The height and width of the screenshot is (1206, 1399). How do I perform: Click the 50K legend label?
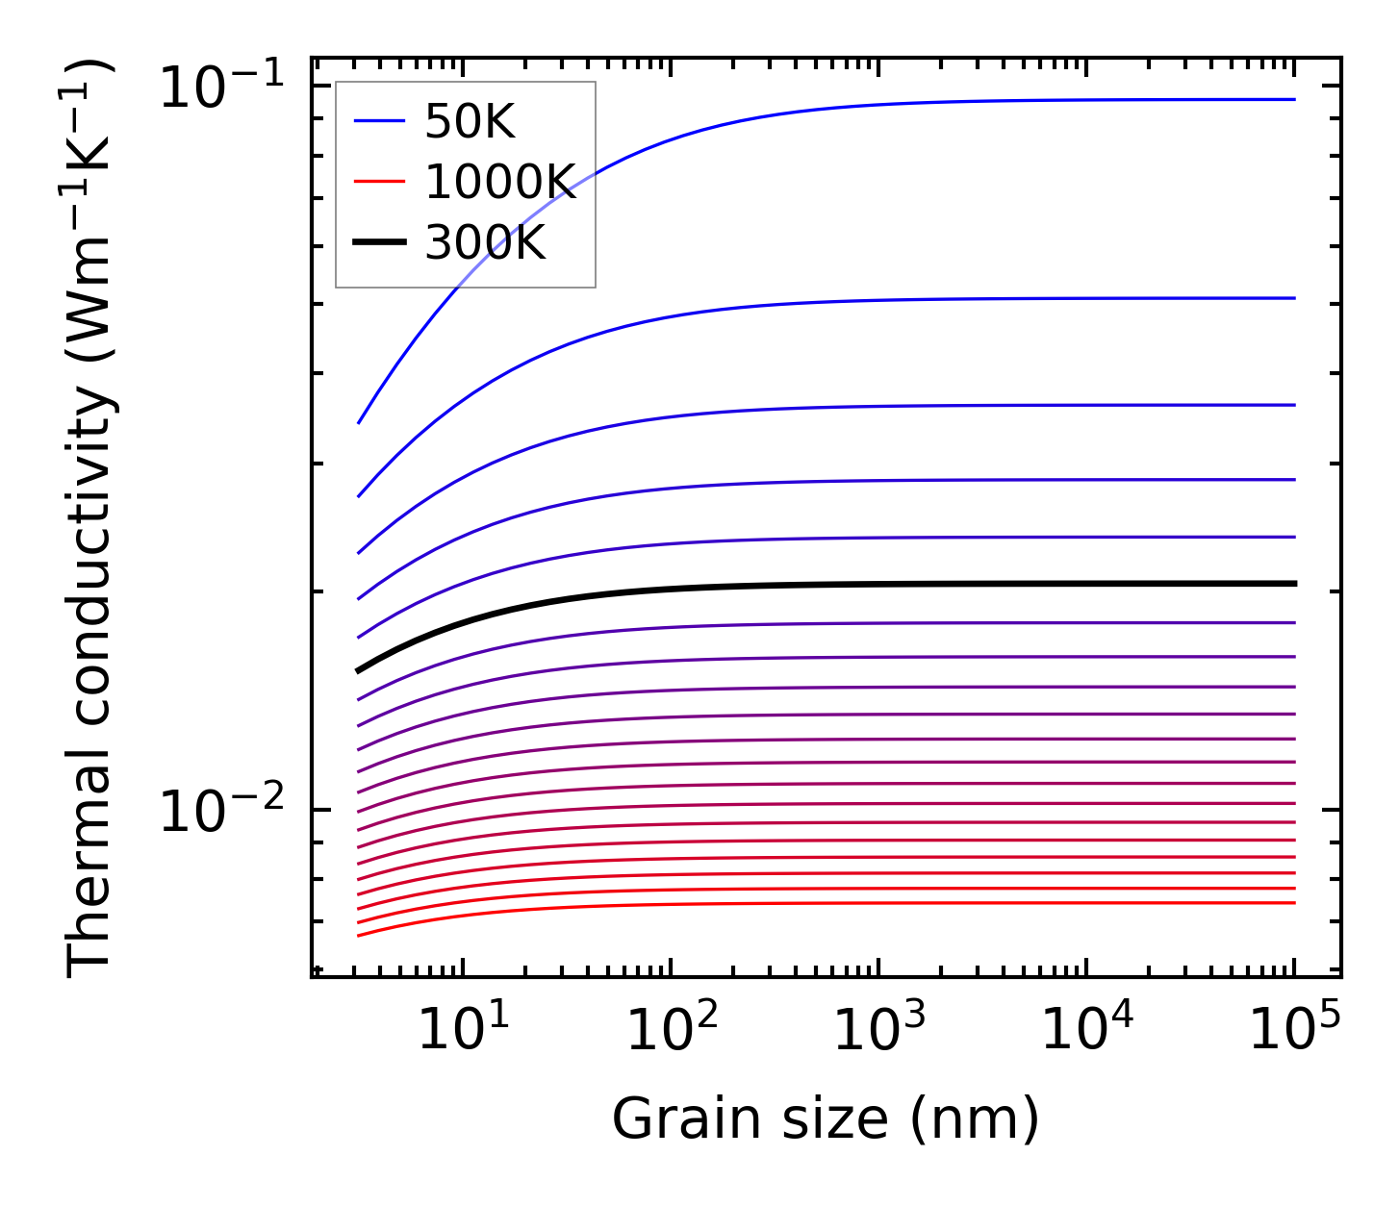pyautogui.click(x=470, y=122)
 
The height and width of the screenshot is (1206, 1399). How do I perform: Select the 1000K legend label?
pyautogui.click(x=500, y=183)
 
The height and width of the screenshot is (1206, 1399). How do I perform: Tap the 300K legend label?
pyautogui.click(x=485, y=243)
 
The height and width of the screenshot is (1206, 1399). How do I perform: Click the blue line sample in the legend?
pyautogui.click(x=379, y=121)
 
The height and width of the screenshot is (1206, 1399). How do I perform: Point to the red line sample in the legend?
pyautogui.click(x=379, y=182)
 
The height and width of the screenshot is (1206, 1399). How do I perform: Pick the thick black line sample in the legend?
pyautogui.click(x=379, y=242)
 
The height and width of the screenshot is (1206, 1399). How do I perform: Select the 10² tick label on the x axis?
pyautogui.click(x=673, y=1032)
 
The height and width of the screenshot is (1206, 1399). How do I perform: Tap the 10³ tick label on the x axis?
pyautogui.click(x=879, y=1032)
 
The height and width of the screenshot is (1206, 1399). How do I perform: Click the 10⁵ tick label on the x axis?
pyautogui.click(x=1295, y=1032)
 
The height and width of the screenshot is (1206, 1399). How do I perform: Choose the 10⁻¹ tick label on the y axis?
pyautogui.click(x=222, y=88)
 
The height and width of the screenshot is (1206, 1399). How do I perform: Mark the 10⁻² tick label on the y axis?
pyautogui.click(x=222, y=812)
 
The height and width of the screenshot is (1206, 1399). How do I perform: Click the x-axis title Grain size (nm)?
pyautogui.click(x=826, y=1119)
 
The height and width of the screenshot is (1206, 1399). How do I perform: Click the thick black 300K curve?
pyautogui.click(x=866, y=585)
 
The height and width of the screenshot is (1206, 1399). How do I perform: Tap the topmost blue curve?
pyautogui.click(x=866, y=104)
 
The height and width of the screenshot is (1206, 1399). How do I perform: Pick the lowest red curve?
pyautogui.click(x=866, y=902)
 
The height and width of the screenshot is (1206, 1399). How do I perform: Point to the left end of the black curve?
pyautogui.click(x=359, y=670)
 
